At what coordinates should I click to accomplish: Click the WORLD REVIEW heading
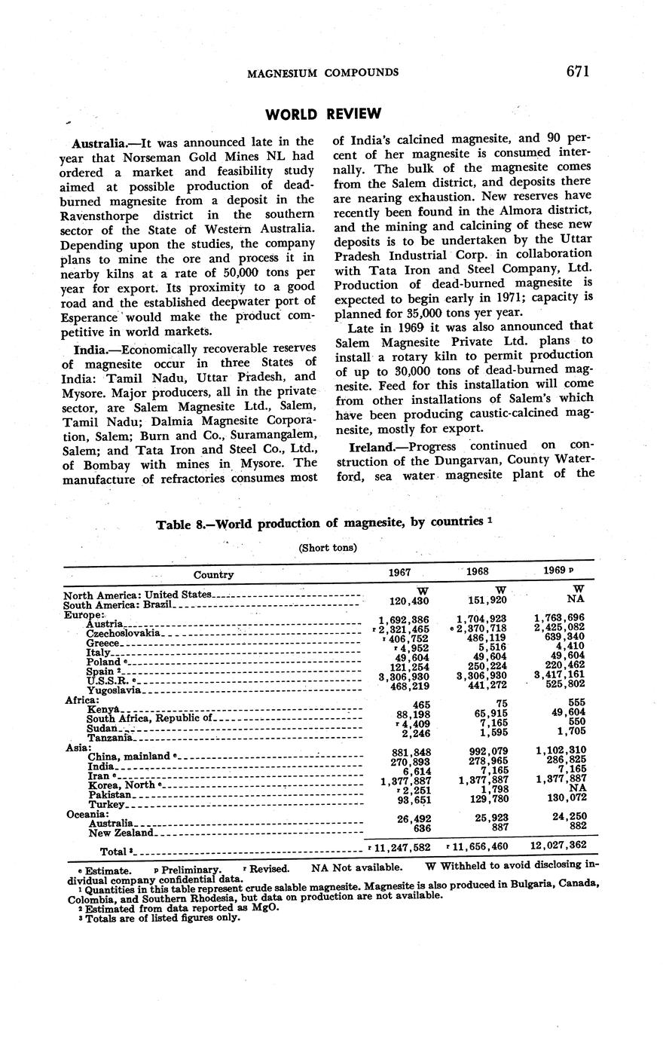tap(323, 115)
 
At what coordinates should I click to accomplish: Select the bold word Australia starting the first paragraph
tap(99, 142)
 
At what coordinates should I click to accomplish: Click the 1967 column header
tap(399, 572)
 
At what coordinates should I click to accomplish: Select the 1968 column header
tap(477, 571)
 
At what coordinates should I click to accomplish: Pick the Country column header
tap(213, 574)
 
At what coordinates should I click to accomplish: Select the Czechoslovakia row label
tap(122, 634)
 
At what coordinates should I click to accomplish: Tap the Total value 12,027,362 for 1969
tap(558, 846)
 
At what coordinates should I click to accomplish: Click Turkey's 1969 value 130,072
tap(561, 798)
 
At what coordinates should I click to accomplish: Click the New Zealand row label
tap(121, 833)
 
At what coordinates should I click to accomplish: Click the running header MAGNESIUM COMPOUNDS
tap(323, 72)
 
